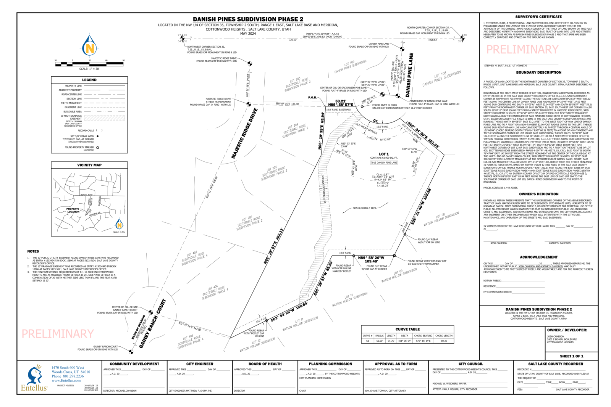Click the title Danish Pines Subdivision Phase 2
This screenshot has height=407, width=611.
(x=248, y=19)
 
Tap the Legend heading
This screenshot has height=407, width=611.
(x=89, y=80)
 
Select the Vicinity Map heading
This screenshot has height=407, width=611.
(x=89, y=165)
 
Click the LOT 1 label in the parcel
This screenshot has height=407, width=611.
(x=384, y=154)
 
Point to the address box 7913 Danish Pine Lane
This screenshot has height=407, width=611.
(x=384, y=162)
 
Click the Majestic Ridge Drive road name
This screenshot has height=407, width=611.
(x=244, y=133)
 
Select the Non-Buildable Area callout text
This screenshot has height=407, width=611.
(x=364, y=208)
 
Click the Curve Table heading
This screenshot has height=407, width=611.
(x=407, y=329)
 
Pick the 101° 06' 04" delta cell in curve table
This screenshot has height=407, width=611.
(x=404, y=341)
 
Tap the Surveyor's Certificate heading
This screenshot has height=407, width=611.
(x=538, y=17)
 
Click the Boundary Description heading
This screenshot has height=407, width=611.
(x=538, y=72)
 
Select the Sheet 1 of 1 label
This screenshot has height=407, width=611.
(x=571, y=356)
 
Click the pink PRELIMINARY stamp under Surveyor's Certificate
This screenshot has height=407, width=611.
(x=522, y=50)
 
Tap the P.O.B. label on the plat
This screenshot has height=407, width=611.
(x=312, y=97)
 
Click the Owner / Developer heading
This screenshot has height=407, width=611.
(x=567, y=330)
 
